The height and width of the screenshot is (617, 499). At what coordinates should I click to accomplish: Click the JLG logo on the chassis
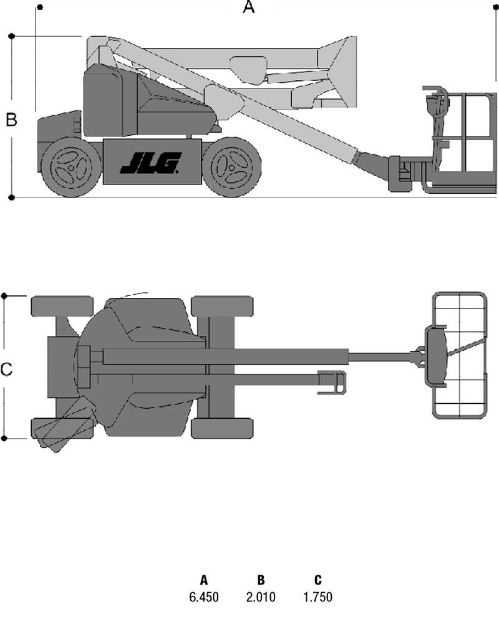pos(151,163)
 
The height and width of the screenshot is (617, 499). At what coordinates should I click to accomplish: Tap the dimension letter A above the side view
pos(248,7)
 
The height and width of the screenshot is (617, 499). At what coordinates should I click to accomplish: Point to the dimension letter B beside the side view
pos(12,119)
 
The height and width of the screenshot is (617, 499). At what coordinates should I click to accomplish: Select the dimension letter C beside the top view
pos(6,369)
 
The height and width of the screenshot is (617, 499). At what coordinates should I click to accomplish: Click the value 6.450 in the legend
pos(203,597)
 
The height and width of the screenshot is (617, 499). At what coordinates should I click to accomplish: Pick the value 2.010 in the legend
pos(261,597)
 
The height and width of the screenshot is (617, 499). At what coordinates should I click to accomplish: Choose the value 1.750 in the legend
pos(317,597)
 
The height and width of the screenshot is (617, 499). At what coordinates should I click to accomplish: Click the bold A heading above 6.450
pos(203,580)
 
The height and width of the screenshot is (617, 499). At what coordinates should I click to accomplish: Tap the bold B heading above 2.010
pos(261,580)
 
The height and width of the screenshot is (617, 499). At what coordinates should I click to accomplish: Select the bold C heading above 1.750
pos(318,580)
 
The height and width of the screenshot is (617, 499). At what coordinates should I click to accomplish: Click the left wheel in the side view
pos(71,167)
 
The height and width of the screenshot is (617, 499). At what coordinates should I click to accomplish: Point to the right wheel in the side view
pos(231,167)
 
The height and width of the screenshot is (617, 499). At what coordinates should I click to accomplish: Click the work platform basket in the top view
pos(460,355)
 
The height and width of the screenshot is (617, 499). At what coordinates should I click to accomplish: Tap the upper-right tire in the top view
pos(222,306)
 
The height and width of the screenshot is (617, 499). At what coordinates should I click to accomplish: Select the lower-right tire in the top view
pos(222,428)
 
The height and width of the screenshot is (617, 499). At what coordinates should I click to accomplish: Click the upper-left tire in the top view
pos(62,306)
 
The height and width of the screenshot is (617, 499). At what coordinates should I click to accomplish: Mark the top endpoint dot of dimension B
pos(12,36)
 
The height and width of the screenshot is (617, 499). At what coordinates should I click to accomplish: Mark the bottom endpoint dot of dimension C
pos(4,438)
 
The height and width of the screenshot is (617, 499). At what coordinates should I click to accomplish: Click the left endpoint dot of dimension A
pos(40,7)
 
